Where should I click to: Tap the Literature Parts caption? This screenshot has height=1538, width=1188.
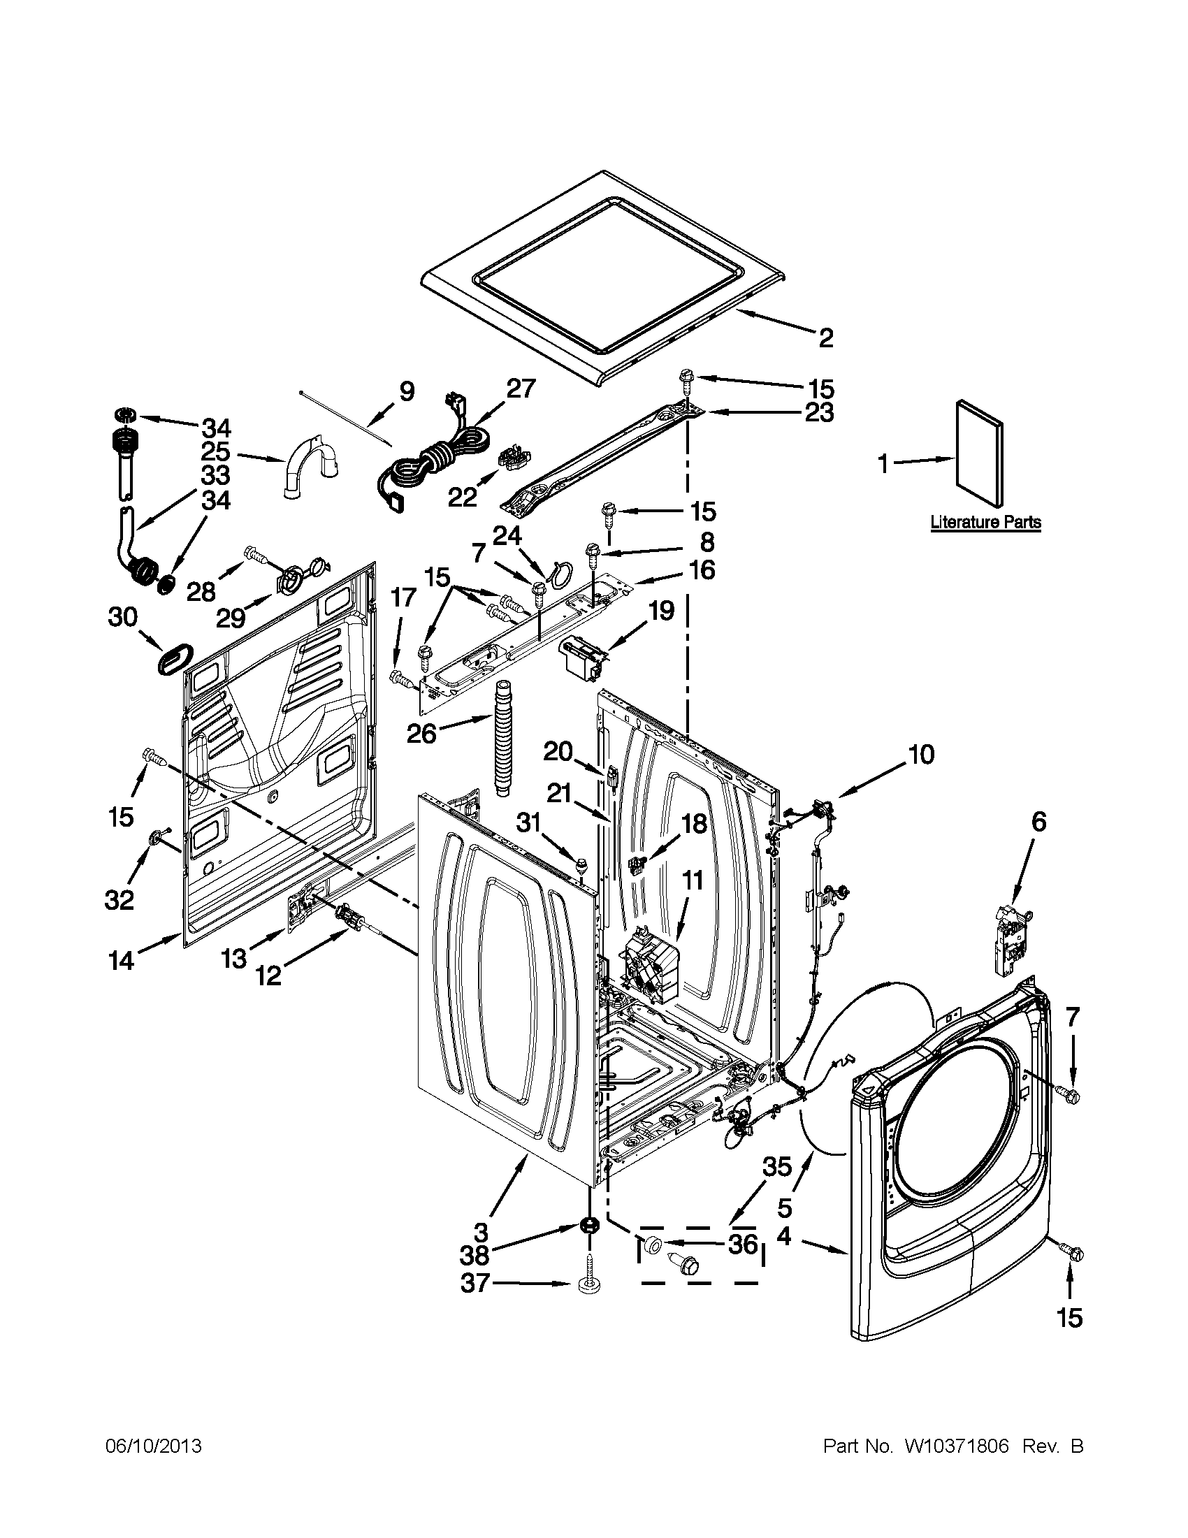tap(985, 522)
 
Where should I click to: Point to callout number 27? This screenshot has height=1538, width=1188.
tap(521, 389)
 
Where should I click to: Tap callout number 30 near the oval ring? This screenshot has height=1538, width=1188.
tap(122, 617)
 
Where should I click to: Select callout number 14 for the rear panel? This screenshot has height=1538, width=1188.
tap(121, 960)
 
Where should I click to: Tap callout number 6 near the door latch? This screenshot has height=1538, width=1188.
tap(1039, 821)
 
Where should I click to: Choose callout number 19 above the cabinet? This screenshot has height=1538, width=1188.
tap(660, 610)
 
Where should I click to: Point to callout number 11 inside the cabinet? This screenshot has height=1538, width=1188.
tap(693, 880)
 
